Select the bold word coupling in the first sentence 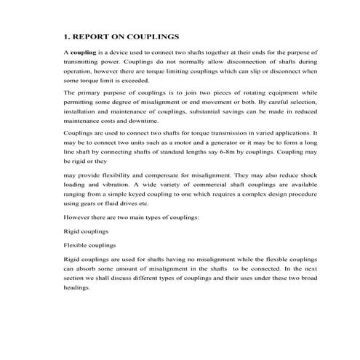[x=82, y=53]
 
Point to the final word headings [x=77, y=287]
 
